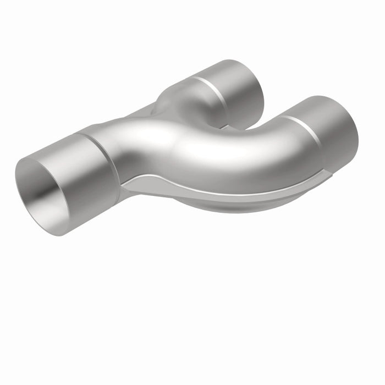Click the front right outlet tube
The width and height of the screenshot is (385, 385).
[x=324, y=132]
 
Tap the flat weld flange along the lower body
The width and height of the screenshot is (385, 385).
[x=220, y=193]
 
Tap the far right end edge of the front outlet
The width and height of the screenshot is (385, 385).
[x=355, y=137]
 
